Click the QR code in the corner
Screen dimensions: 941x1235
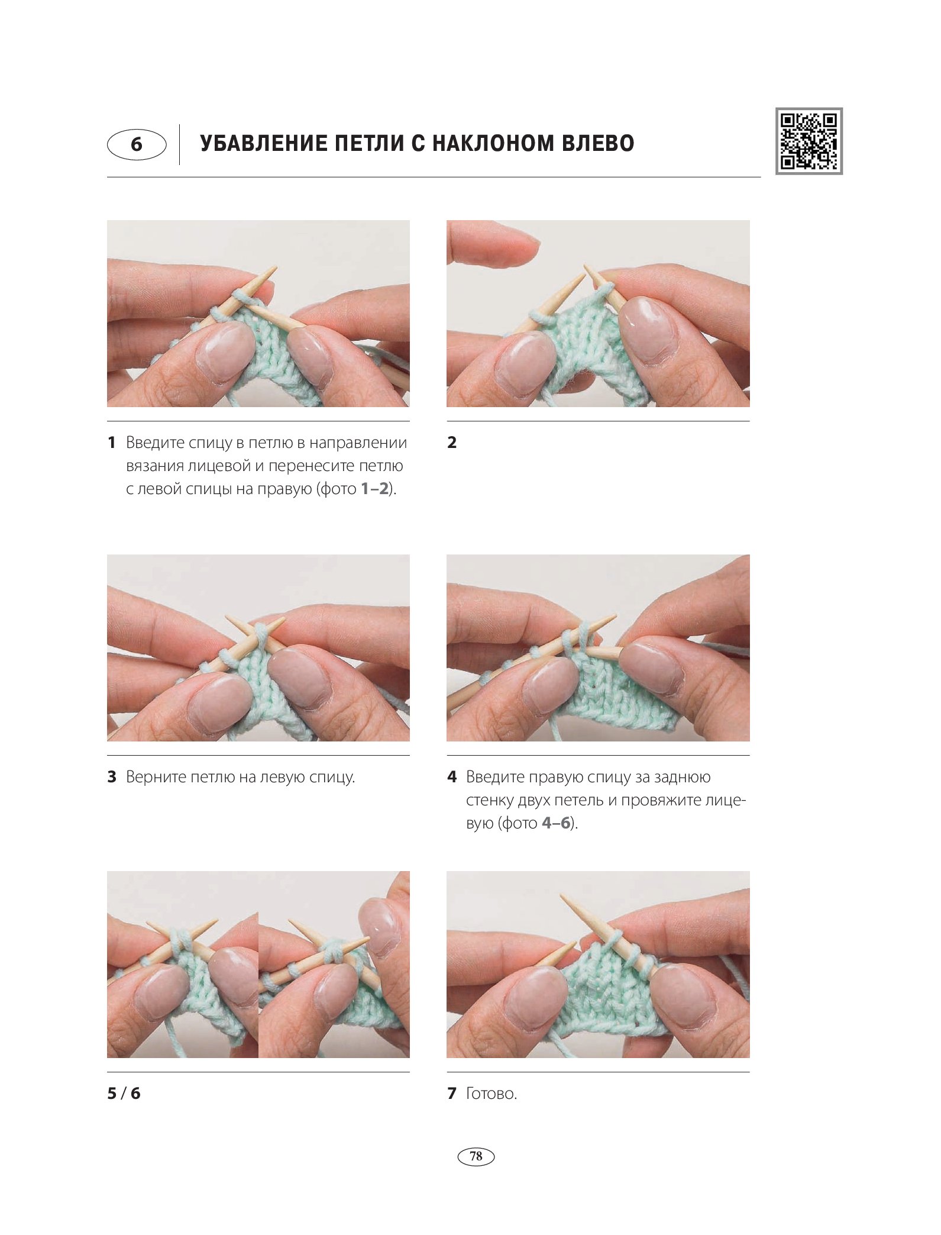tap(809, 141)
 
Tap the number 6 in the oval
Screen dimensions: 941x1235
tap(137, 144)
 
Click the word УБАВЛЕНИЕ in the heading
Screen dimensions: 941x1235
tap(263, 143)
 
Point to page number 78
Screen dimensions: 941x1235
tap(476, 1156)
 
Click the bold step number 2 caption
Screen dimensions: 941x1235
tap(452, 442)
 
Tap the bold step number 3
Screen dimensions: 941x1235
tap(112, 776)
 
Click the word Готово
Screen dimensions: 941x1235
tap(491, 1093)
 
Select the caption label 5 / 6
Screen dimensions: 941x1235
tap(124, 1093)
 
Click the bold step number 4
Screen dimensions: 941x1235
tap(452, 776)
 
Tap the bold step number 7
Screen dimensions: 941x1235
tap(452, 1093)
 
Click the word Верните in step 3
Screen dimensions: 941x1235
tap(156, 777)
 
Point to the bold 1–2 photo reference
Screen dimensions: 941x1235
tap(375, 489)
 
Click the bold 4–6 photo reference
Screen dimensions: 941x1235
tap(556, 823)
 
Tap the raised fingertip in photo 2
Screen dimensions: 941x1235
tap(494, 244)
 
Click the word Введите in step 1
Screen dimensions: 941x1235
tap(156, 443)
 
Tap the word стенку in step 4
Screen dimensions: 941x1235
tap(489, 800)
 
